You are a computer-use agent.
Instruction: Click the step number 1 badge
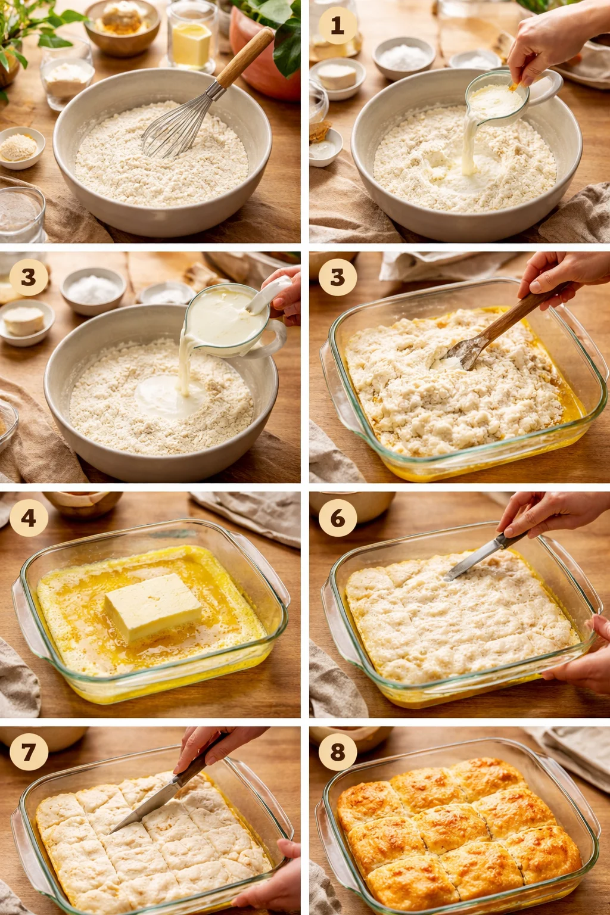click(x=337, y=26)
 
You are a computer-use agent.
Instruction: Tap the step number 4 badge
click(x=28, y=518)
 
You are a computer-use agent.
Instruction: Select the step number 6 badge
click(x=337, y=518)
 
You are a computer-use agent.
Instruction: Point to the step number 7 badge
click(x=28, y=752)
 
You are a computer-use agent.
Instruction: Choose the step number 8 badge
click(x=337, y=752)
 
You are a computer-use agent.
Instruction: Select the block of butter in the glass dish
click(x=153, y=607)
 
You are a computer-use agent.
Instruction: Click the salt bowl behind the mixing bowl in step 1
click(x=404, y=57)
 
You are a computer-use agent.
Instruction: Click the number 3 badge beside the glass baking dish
click(x=337, y=277)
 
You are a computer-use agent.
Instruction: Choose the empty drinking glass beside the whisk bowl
click(x=21, y=214)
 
